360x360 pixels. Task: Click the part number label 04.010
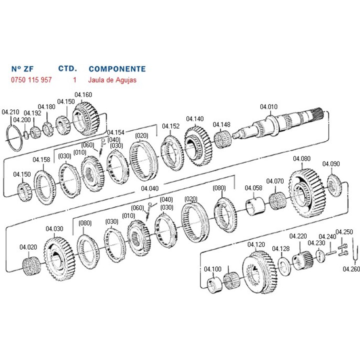(268, 106)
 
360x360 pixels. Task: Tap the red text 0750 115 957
(31, 79)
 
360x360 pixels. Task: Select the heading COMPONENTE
(117, 68)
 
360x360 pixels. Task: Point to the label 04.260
(351, 268)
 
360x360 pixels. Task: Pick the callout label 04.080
(301, 158)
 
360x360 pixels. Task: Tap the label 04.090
(331, 163)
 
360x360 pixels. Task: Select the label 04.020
(28, 247)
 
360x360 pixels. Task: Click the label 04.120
(256, 244)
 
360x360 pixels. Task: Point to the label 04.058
(253, 188)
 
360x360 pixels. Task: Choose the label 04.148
(221, 124)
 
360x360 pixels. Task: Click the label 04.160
(83, 95)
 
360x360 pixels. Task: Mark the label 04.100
(212, 269)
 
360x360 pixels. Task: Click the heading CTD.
(67, 68)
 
